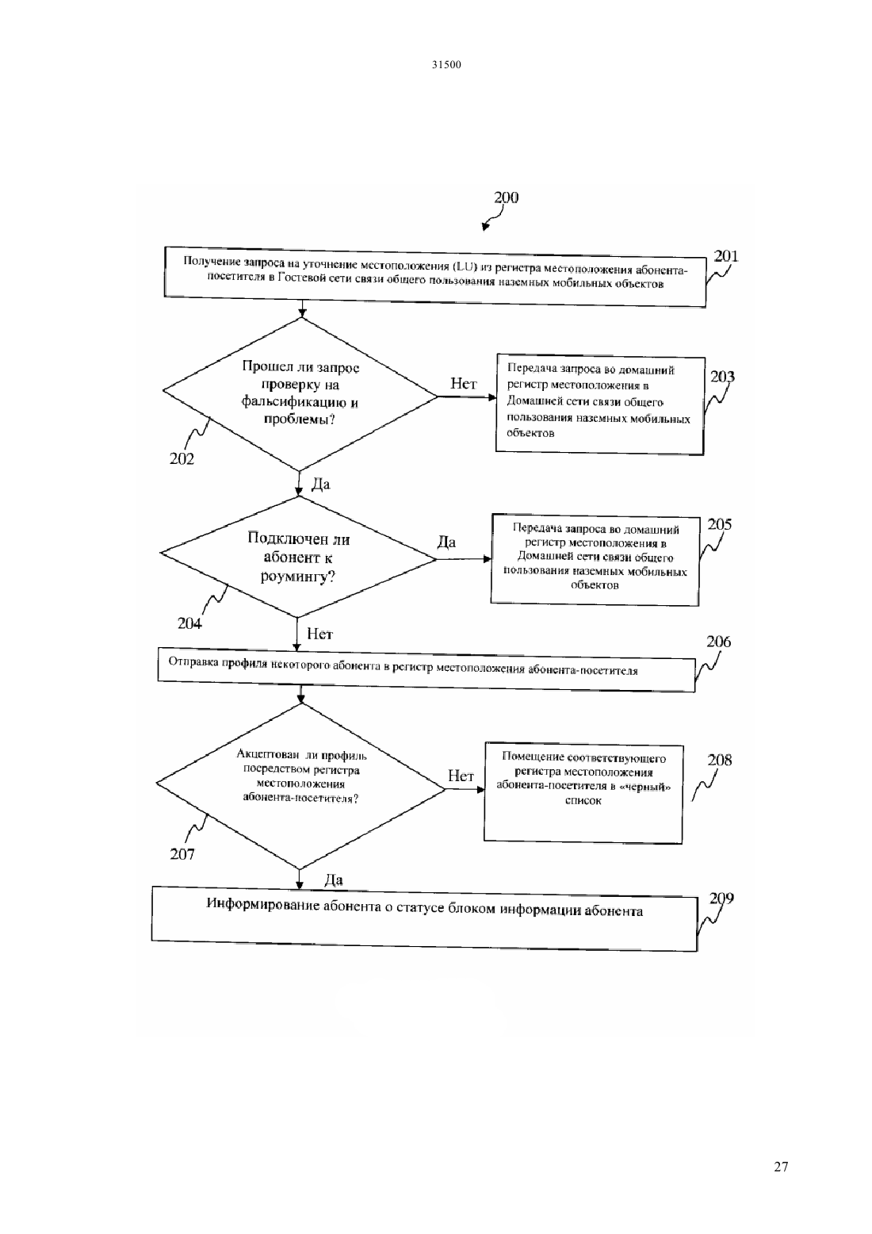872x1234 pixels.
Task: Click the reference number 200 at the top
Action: [x=506, y=197]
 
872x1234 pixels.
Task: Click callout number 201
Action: [x=725, y=256]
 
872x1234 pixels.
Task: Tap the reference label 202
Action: [x=182, y=459]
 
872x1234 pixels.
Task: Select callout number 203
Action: [x=722, y=377]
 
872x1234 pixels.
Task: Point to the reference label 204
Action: [x=189, y=623]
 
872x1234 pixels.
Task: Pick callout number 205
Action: [x=720, y=524]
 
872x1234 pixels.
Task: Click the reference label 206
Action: [x=718, y=642]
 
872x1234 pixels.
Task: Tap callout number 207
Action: [x=182, y=854]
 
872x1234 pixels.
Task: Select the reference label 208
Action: [x=720, y=761]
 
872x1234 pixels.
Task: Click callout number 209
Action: [x=721, y=899]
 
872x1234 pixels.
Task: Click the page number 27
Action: [x=781, y=1167]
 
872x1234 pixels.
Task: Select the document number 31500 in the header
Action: [x=446, y=64]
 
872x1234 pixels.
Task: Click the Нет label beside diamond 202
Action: [x=464, y=383]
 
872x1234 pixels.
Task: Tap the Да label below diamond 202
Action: [x=321, y=485]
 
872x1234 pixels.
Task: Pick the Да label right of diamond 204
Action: [x=446, y=542]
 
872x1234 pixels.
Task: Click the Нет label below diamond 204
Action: [x=319, y=634]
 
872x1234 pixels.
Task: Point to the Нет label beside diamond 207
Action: [x=461, y=776]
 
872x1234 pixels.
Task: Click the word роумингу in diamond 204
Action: [x=298, y=577]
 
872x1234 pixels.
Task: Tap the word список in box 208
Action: [x=583, y=800]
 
